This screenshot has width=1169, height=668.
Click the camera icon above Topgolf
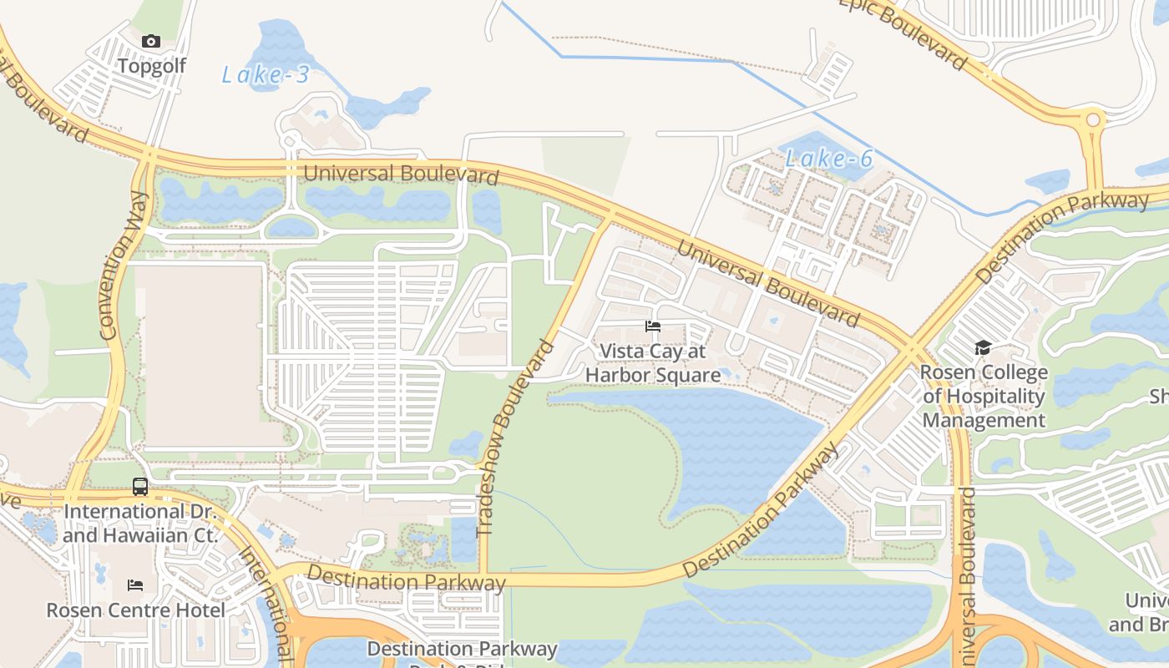point(150,41)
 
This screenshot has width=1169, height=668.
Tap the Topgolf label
point(151,65)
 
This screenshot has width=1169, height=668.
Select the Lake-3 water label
point(266,75)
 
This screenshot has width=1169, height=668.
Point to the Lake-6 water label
point(829,158)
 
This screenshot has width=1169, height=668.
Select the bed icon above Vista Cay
point(653,326)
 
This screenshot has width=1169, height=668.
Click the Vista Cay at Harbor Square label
point(653,363)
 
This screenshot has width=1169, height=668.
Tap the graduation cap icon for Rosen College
point(983,347)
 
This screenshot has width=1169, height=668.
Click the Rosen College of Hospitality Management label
point(984,396)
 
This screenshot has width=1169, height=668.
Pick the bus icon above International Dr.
point(140,486)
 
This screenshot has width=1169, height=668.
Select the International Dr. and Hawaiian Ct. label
point(139,523)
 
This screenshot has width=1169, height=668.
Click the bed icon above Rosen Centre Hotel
point(135,585)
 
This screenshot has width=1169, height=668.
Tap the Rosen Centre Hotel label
point(135,610)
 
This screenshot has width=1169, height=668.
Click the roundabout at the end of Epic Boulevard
point(1092,121)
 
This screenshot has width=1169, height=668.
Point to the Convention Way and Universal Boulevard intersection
point(149,154)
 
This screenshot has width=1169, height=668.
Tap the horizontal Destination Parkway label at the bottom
point(406,578)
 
